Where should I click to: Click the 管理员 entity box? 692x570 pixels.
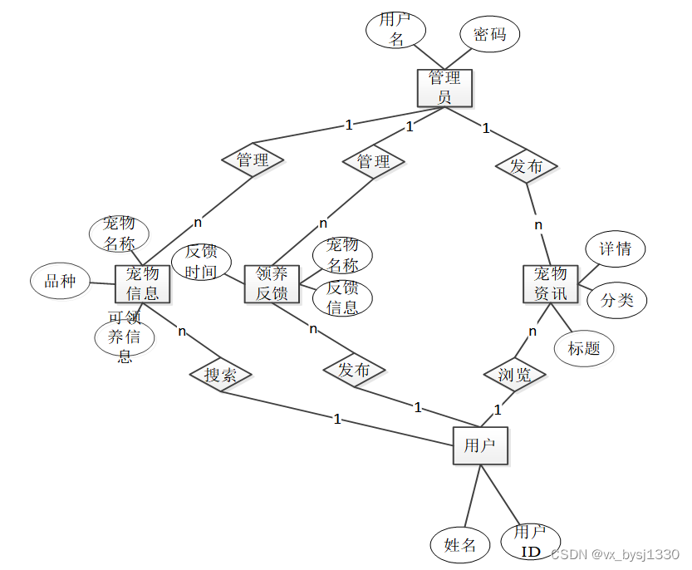444,88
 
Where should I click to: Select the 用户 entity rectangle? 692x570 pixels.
480,446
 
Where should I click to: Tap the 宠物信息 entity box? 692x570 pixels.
143,284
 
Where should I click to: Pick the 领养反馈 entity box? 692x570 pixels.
272,284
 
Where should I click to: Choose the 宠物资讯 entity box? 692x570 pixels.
550,284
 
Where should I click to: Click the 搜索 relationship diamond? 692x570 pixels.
220,375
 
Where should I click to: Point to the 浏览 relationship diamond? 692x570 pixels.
515,375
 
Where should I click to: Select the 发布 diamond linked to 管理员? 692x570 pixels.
526,166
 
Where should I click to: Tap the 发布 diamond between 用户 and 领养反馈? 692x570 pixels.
354,370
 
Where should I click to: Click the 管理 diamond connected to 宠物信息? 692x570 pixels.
253,160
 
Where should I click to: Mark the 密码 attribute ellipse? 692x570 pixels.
490,35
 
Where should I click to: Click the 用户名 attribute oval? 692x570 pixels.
396,30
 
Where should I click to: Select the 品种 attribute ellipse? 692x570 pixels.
60,282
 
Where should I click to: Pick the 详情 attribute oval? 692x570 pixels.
616,248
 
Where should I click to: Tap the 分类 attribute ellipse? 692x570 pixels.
617,300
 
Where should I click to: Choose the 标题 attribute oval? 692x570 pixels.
584,348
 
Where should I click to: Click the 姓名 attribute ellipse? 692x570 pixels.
460,545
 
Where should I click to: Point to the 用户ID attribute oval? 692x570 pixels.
531,542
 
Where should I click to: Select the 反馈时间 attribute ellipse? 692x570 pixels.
201,262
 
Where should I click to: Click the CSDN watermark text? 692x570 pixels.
616,554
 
